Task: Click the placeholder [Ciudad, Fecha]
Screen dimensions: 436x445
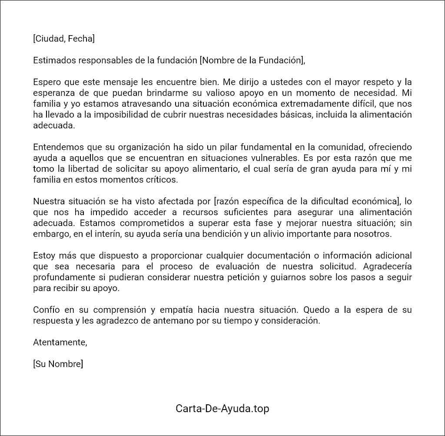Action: pos(63,39)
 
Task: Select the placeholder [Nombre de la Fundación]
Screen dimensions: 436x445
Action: pos(252,60)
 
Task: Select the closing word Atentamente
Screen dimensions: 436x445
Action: pos(60,342)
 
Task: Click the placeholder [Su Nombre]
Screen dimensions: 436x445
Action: pos(58,364)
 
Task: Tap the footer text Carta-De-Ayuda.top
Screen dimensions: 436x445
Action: pos(222,409)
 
